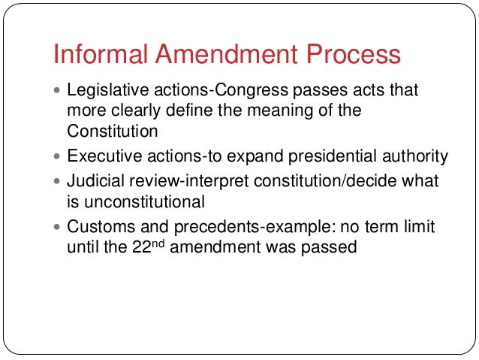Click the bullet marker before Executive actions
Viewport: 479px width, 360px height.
(60, 157)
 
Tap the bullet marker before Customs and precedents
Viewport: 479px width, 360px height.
(60, 228)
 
